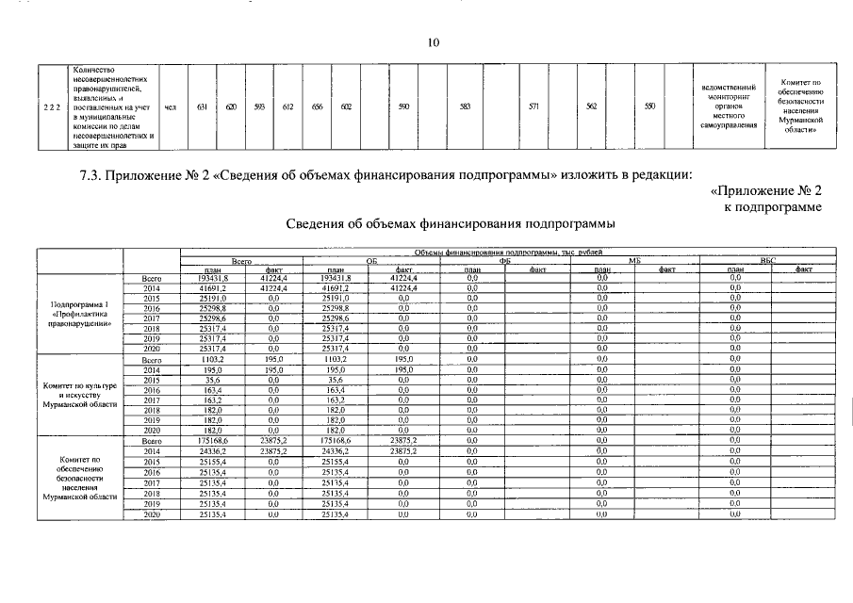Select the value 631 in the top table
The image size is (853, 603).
[201, 107]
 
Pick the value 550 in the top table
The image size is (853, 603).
[649, 107]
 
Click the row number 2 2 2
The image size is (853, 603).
[52, 107]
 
